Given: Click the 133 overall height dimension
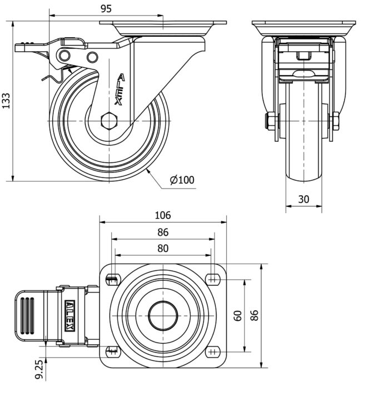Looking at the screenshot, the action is [6, 101].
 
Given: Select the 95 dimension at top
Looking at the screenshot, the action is [106, 9].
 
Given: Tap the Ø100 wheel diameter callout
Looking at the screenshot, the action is [182, 180].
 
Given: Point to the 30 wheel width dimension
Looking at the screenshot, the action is [303, 200].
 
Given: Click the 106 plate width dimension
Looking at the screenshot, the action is [163, 215].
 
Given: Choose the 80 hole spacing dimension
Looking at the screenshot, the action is [163, 249].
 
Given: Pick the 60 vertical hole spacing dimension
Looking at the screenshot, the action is [238, 316].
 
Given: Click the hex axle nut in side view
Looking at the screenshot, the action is [109, 121].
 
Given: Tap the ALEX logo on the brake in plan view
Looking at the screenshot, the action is [70, 315].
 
